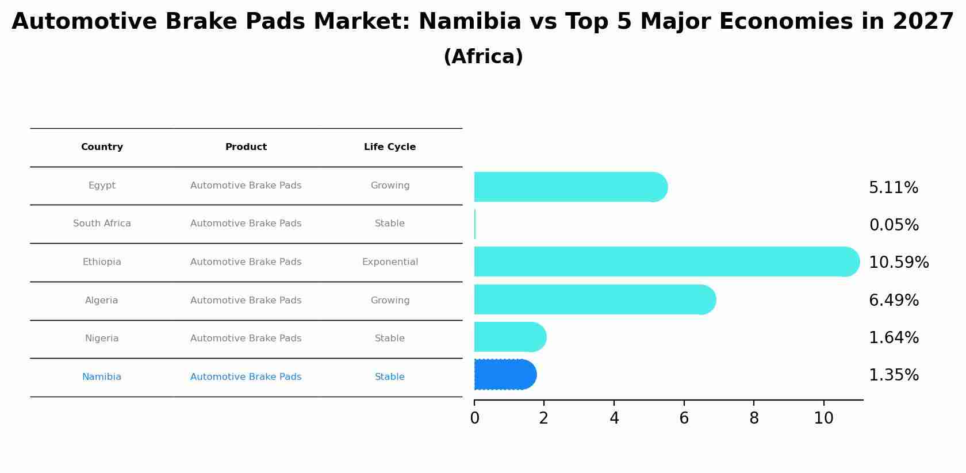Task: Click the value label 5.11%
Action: pyautogui.click(x=893, y=188)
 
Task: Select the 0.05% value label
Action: pyautogui.click(x=894, y=225)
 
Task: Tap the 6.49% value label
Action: pyautogui.click(x=894, y=300)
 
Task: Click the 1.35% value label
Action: pyautogui.click(x=894, y=375)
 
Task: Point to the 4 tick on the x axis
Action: pyautogui.click(x=614, y=418)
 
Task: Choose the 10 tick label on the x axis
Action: pyautogui.click(x=823, y=418)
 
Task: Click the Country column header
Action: pyautogui.click(x=102, y=147)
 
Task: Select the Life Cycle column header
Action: pyautogui.click(x=390, y=147)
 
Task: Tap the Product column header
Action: pyautogui.click(x=246, y=147)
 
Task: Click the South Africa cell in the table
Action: pyautogui.click(x=102, y=224)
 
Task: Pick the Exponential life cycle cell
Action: pyautogui.click(x=390, y=262)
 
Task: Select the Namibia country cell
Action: pyautogui.click(x=102, y=377)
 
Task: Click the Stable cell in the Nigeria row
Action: pyautogui.click(x=390, y=339)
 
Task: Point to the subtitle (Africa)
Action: pyautogui.click(x=483, y=57)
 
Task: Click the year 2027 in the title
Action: pyautogui.click(x=923, y=22)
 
